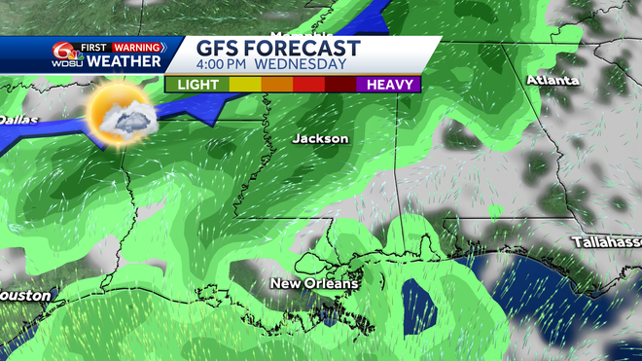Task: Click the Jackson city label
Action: click(x=320, y=139)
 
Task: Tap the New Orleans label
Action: click(x=314, y=284)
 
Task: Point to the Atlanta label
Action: click(x=552, y=81)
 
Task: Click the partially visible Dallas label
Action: click(x=14, y=119)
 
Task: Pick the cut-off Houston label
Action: click(x=22, y=294)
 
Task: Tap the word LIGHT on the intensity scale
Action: click(x=197, y=85)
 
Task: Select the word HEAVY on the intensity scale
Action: click(x=393, y=85)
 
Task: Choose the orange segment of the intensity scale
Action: click(x=276, y=85)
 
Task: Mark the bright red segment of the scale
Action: click(x=308, y=85)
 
